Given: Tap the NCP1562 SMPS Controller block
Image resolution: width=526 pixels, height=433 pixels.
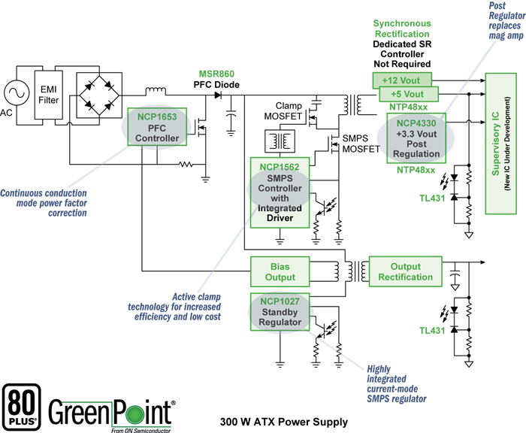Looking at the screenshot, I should [280, 192].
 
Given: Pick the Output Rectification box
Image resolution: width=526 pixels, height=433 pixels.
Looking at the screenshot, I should [405, 271].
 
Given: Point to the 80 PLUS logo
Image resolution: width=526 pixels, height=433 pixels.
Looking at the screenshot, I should [23, 406].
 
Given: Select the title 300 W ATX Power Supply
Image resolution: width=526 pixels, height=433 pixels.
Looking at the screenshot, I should [284, 422].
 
